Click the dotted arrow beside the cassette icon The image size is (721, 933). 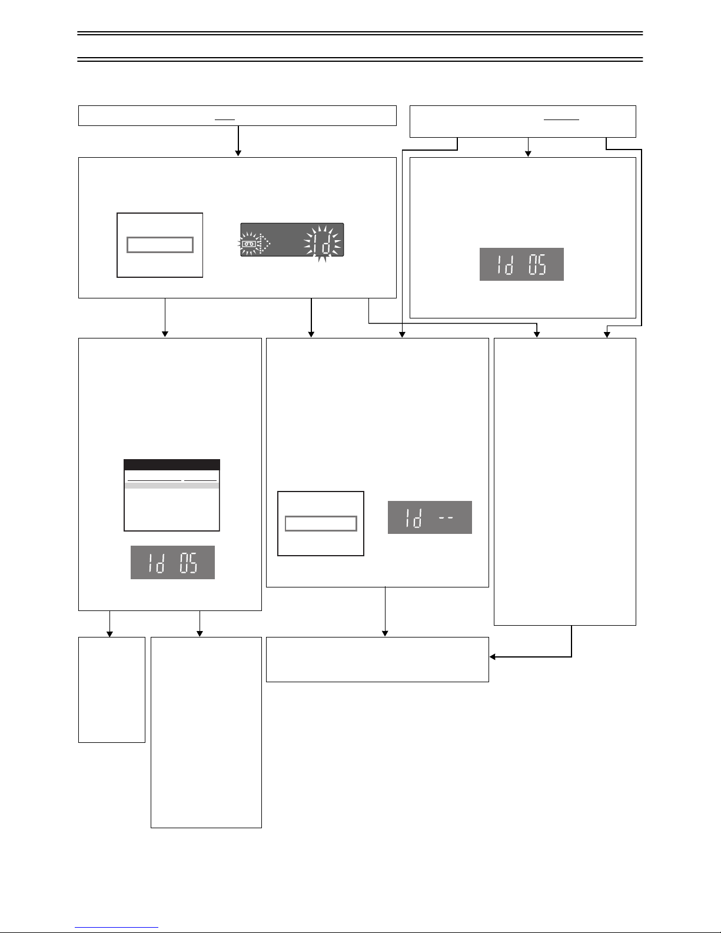[264, 244]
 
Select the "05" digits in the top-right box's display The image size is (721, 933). [537, 264]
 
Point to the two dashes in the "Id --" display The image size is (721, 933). [446, 517]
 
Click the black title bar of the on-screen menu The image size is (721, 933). [172, 464]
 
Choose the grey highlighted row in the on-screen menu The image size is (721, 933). [172, 486]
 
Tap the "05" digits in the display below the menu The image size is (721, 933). [188, 563]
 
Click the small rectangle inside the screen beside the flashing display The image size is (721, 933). [160, 245]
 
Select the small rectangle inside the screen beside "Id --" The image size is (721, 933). [321, 523]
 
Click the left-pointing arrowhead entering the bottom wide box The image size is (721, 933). [492, 656]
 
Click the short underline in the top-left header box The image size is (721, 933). [224, 119]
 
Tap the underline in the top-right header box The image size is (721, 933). [561, 119]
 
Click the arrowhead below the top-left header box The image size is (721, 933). [238, 153]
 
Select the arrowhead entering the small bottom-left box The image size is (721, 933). [109, 634]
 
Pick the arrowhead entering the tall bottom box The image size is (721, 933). [200, 634]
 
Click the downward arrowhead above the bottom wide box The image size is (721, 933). [385, 633]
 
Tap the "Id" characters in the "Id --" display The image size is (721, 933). [413, 518]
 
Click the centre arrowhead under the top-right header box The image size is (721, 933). [529, 154]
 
